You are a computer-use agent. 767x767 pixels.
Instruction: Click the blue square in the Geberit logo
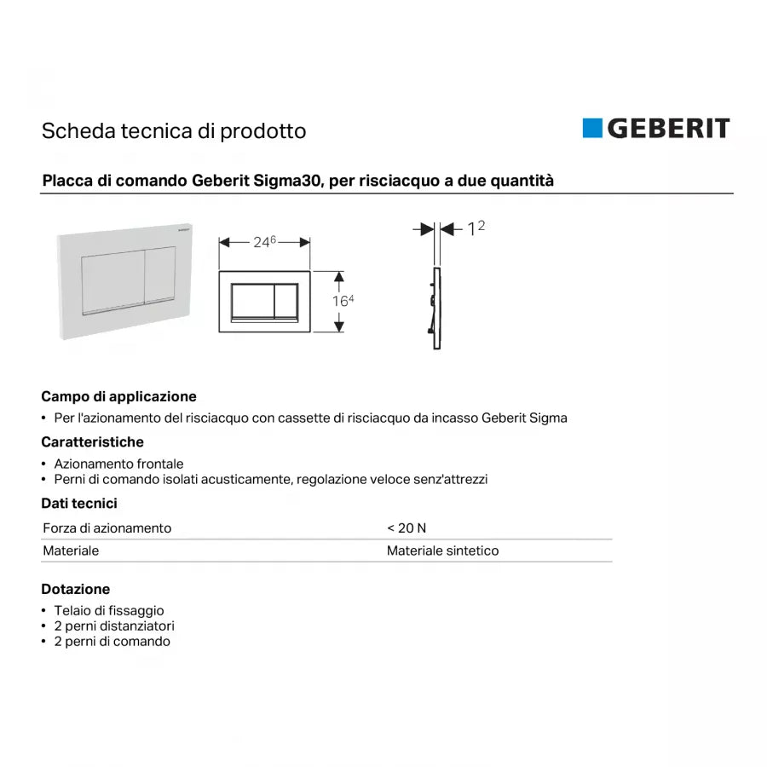coord(592,128)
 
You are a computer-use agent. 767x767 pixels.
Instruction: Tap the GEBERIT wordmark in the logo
coord(668,129)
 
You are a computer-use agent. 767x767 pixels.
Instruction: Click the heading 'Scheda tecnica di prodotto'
coord(174,131)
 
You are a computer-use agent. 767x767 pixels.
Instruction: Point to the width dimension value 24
coord(261,243)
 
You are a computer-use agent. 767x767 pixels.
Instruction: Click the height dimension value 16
coord(339,302)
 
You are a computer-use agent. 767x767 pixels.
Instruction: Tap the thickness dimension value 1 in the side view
coord(470,230)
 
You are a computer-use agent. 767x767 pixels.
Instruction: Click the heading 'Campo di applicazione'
coord(118,396)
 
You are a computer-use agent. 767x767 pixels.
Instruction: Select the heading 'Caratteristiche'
coord(92,441)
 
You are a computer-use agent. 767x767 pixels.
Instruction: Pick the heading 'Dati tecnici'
coord(79,504)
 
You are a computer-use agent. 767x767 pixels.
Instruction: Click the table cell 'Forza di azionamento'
coord(107,528)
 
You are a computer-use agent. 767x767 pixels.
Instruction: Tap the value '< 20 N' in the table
coord(407,528)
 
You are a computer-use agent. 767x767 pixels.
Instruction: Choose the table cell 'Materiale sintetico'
coord(442,551)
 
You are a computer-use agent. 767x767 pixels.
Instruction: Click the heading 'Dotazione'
coord(75,589)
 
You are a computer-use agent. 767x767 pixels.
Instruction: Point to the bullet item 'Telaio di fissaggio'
coord(109,610)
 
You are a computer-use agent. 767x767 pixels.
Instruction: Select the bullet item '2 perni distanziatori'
coord(114,626)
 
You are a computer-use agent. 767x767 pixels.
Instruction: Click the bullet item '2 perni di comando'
coord(112,642)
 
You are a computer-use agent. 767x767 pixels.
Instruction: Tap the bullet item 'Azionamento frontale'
coord(118,464)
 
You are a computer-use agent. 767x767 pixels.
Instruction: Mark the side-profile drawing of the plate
coord(435,309)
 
